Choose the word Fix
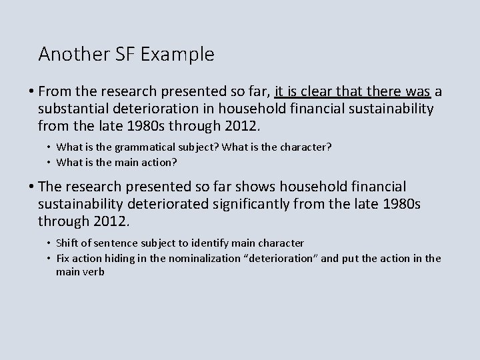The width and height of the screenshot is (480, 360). click(x=63, y=258)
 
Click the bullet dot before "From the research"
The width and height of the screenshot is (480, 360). click(x=29, y=91)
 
